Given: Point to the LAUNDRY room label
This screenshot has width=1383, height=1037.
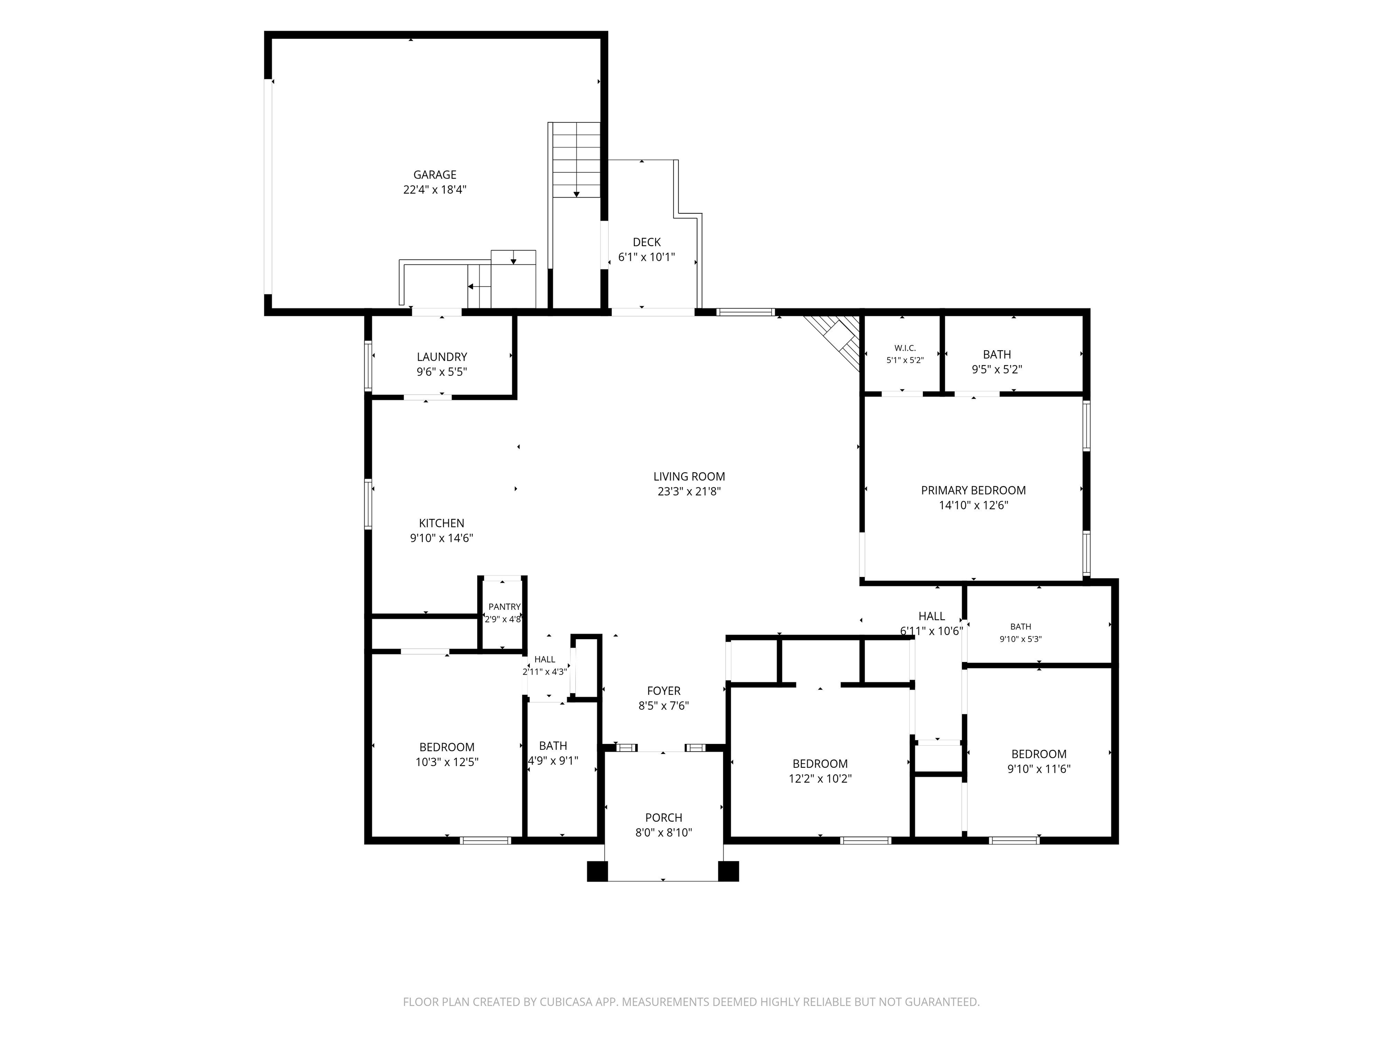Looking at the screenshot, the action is [x=442, y=357].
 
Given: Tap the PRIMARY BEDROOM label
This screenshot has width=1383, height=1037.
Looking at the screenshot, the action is [x=973, y=491].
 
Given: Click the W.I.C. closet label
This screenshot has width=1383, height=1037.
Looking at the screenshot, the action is [x=905, y=348].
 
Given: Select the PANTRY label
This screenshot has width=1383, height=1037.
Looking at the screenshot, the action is [x=505, y=607].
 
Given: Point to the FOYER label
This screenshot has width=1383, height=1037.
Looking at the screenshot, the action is [x=664, y=691].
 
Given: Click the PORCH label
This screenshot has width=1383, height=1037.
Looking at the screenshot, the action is [x=664, y=818].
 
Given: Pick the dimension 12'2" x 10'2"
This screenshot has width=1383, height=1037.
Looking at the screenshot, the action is [x=820, y=779].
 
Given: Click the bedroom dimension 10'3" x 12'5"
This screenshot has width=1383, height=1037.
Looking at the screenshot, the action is [x=447, y=762].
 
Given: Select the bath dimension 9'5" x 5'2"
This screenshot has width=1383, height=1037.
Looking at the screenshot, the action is [x=997, y=370].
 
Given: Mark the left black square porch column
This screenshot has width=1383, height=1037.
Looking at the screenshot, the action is [x=597, y=871].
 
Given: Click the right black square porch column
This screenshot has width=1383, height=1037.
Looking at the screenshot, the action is [x=728, y=871].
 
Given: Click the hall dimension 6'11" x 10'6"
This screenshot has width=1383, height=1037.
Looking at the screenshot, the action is [x=931, y=631].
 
